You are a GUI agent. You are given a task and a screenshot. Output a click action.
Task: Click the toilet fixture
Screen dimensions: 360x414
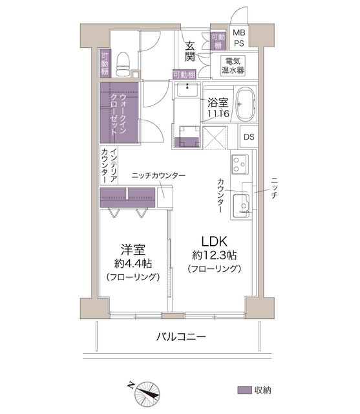click(x=123, y=64)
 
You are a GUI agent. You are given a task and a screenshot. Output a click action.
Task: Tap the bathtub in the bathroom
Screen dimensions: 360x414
click(x=246, y=104)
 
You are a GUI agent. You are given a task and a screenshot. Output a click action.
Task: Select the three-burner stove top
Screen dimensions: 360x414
click(x=240, y=164)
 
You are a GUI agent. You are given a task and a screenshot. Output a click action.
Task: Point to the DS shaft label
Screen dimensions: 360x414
click(x=249, y=136)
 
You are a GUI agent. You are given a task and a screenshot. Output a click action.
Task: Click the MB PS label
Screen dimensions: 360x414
click(x=239, y=38)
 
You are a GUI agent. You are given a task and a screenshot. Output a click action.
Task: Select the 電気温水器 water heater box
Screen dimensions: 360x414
click(x=233, y=66)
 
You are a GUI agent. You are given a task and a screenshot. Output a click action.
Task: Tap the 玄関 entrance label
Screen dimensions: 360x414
click(x=190, y=52)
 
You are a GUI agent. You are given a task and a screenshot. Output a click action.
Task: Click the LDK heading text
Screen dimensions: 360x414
click(x=214, y=241)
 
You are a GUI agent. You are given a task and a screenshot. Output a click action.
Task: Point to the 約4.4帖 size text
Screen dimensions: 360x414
click(x=133, y=263)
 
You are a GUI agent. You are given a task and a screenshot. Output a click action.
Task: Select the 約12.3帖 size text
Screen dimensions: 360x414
click(x=215, y=256)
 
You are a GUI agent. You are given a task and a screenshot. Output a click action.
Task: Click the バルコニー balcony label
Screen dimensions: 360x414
click(x=181, y=337)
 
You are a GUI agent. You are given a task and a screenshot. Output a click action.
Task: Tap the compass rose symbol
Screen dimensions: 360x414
click(x=147, y=394)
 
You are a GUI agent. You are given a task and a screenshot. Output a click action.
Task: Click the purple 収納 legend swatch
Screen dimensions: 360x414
click(x=244, y=390)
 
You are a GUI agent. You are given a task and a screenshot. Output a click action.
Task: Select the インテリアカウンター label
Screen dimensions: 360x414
click(x=109, y=166)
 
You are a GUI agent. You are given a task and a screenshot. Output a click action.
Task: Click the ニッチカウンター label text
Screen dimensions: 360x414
click(x=158, y=175)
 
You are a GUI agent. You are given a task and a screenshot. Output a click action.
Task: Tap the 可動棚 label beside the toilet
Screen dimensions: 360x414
click(x=105, y=64)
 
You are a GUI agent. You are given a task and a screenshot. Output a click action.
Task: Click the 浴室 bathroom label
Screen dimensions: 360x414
click(x=218, y=103)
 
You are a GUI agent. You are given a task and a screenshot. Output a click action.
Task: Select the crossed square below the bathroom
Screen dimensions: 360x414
click(x=215, y=138)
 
